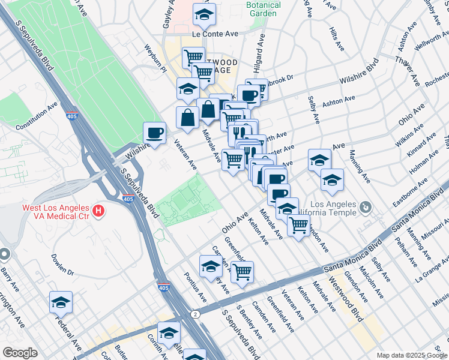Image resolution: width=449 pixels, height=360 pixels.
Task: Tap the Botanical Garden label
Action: pos(264,10)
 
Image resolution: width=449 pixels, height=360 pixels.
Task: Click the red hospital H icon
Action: pos(97,212)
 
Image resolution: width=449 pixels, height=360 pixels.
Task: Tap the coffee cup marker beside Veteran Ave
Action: pos(155,133)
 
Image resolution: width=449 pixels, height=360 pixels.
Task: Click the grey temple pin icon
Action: pos(366,208)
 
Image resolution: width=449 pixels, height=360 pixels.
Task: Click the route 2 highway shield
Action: pos(196,314)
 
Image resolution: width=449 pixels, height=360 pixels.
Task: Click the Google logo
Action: pos(20,353)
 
